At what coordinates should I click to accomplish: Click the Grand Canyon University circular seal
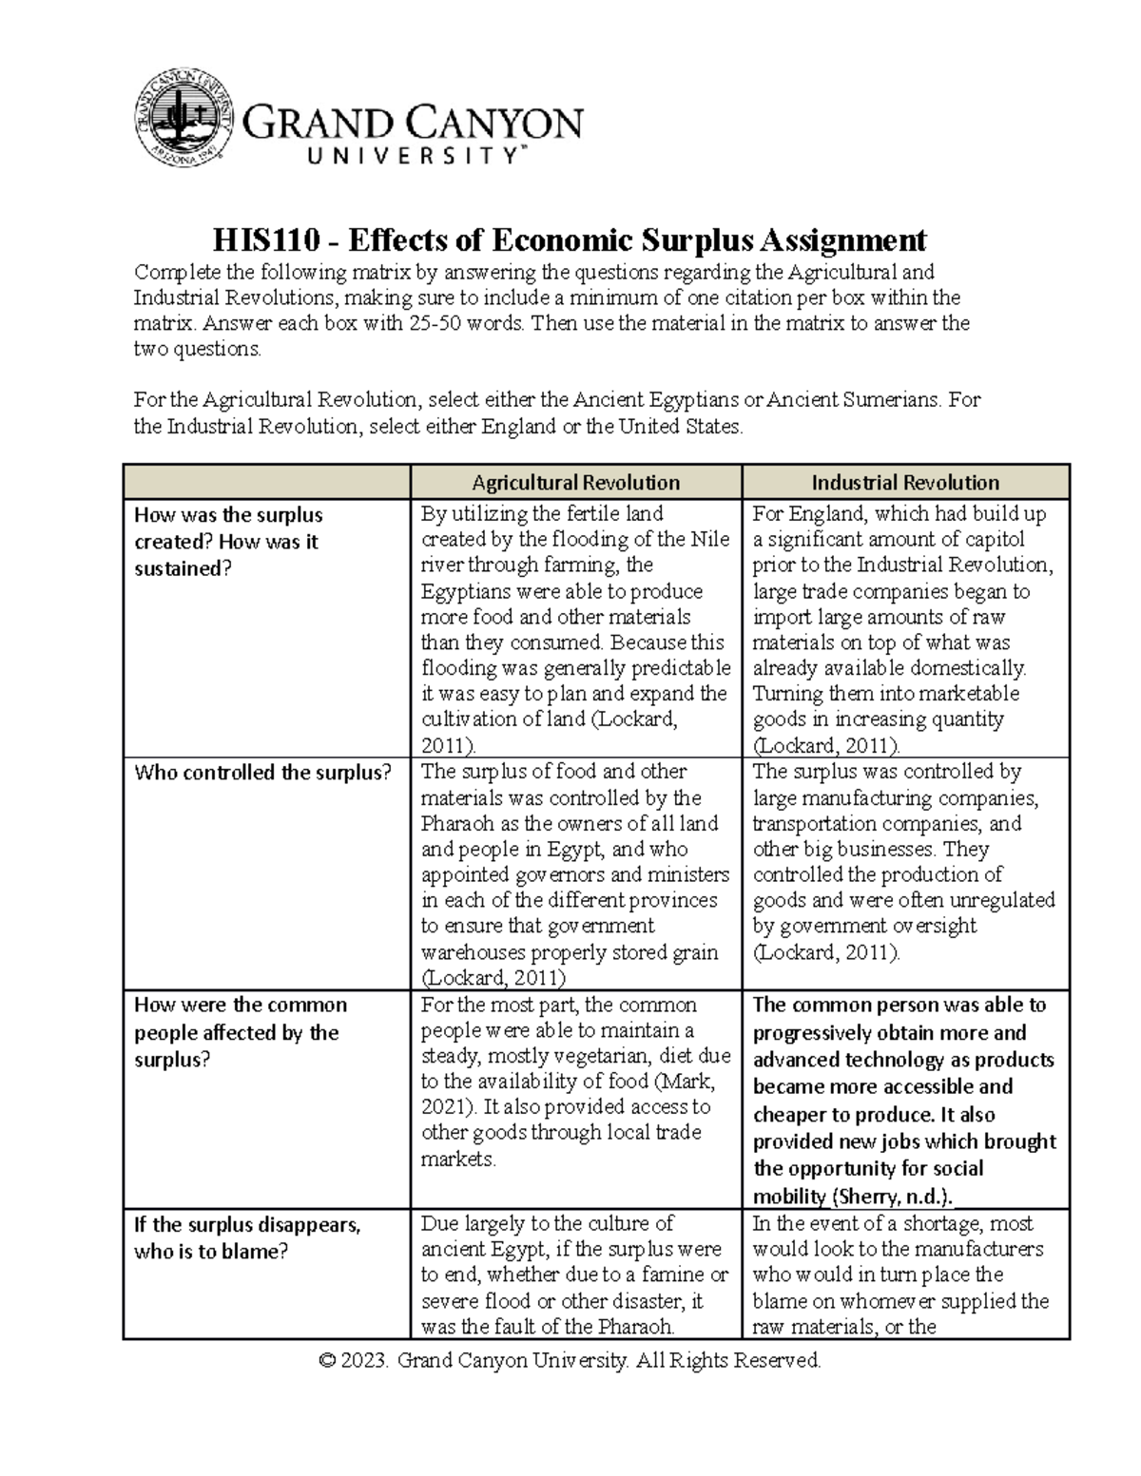[x=184, y=117]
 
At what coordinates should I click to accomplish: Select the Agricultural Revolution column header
[x=575, y=482]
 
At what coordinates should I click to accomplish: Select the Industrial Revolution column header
[x=905, y=482]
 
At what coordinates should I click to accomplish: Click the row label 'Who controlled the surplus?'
[x=262, y=773]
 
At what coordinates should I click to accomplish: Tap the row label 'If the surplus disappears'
[x=246, y=1225]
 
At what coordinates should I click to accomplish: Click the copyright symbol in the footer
[x=329, y=1361]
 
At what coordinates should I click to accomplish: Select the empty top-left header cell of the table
[x=266, y=482]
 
